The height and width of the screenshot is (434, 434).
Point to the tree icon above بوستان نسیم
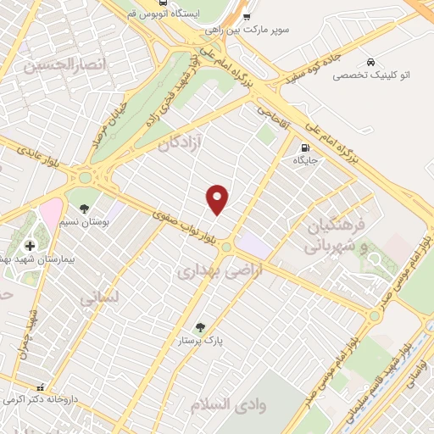click(83, 207)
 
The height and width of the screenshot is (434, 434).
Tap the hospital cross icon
click(30, 246)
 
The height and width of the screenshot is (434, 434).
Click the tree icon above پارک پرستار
click(200, 326)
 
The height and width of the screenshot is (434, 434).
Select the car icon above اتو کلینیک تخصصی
click(371, 61)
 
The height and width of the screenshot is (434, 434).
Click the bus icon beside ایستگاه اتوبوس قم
click(246, 15)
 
